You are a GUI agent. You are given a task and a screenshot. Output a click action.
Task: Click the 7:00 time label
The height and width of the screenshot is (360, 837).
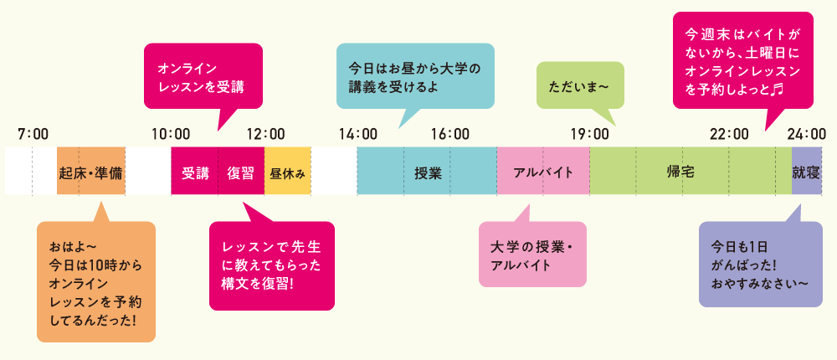pos(33,133)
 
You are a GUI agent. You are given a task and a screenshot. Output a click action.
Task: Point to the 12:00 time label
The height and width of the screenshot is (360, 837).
pos(265,133)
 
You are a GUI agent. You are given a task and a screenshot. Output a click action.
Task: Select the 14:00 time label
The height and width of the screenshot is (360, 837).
pos(357,133)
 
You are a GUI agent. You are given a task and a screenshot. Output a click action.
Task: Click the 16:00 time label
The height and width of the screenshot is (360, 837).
pos(450,133)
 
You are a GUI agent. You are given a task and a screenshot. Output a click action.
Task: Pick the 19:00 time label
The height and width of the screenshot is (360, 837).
pos(589,133)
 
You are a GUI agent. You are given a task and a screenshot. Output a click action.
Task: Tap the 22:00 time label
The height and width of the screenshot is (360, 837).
pos(729,133)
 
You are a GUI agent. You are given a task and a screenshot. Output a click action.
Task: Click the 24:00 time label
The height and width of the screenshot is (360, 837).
pos(807,133)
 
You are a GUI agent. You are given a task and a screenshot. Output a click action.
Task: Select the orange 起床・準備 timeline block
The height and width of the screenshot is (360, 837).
pos(90,171)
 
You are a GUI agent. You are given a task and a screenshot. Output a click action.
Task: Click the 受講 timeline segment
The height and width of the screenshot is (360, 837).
pos(194,171)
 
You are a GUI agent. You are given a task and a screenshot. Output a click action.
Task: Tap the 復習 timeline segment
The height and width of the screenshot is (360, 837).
pos(241,171)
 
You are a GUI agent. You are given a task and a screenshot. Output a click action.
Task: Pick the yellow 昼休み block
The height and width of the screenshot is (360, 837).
pos(287,171)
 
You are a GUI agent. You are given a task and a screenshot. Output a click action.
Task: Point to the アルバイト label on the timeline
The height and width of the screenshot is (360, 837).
pos(543,173)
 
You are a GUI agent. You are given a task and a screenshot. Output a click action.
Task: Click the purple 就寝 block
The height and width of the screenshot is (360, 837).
pos(807,171)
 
